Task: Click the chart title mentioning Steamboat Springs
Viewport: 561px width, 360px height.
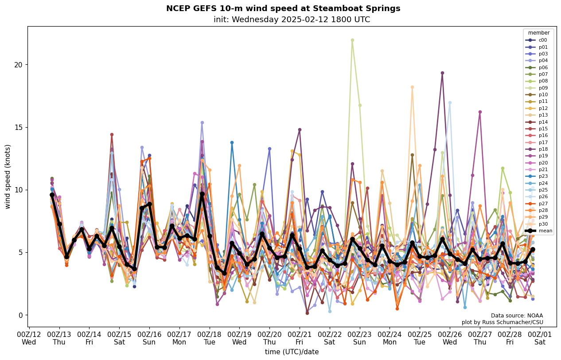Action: tap(283, 8)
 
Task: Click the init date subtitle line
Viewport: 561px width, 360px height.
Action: tap(292, 20)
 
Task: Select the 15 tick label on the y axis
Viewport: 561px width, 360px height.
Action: tap(18, 128)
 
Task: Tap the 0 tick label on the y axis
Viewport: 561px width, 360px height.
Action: tap(20, 315)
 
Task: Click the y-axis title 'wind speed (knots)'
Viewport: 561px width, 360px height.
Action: tap(8, 176)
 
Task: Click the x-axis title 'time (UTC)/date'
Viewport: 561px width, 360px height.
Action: tap(292, 352)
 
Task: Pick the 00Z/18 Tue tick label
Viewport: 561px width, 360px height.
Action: tap(209, 338)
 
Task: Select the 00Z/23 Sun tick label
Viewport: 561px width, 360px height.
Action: tap(359, 338)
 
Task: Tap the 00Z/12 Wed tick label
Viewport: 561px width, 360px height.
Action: tap(29, 338)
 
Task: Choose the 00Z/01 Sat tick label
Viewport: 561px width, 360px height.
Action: tap(540, 338)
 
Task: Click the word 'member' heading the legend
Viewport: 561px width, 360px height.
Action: tap(539, 33)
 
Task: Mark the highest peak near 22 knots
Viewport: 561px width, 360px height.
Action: tap(352, 40)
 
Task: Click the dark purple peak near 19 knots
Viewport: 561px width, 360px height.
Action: tap(442, 73)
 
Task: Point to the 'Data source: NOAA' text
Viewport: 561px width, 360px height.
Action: tap(517, 316)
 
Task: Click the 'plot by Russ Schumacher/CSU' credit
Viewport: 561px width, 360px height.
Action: tap(502, 322)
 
